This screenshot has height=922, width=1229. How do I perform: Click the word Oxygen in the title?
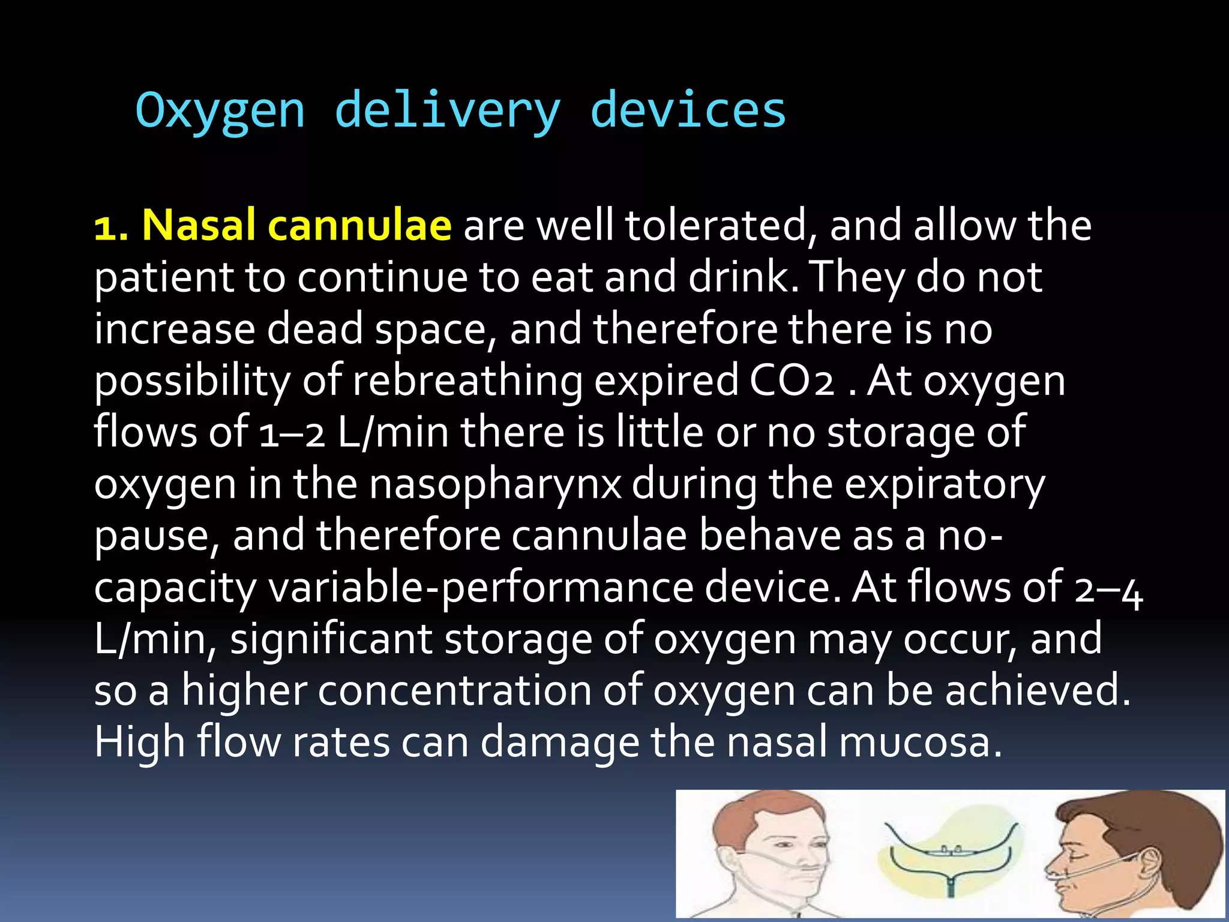point(220,112)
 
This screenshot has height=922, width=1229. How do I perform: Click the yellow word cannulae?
point(359,226)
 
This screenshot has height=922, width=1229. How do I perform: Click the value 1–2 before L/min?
point(292,433)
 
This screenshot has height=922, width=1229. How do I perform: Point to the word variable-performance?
point(481,588)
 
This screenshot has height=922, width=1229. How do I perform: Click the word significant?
point(331,639)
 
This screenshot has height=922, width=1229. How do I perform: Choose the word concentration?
point(454,691)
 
